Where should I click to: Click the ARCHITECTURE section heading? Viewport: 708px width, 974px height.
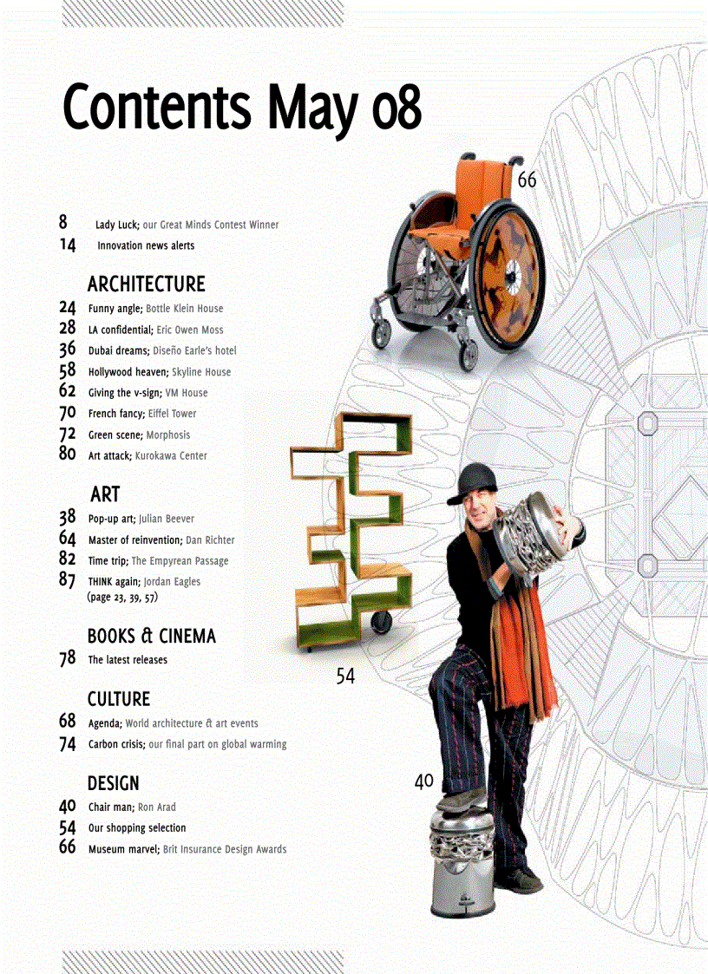(x=146, y=284)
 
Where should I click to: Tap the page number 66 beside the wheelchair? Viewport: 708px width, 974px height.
(x=527, y=180)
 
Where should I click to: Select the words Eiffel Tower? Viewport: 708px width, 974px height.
(x=172, y=414)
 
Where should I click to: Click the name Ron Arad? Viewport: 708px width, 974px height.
(x=156, y=807)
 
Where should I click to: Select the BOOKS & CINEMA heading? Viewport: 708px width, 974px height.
(x=151, y=636)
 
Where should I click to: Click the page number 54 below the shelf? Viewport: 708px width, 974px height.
(x=345, y=677)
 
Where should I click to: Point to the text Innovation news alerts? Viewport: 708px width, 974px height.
(x=146, y=245)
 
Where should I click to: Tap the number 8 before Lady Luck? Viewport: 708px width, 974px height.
(x=64, y=223)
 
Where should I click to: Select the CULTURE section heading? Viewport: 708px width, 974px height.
(x=118, y=699)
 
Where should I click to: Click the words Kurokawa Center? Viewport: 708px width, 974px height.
(x=171, y=455)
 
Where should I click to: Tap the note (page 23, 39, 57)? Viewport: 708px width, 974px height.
(x=122, y=598)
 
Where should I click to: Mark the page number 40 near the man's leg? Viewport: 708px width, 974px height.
(x=423, y=781)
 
